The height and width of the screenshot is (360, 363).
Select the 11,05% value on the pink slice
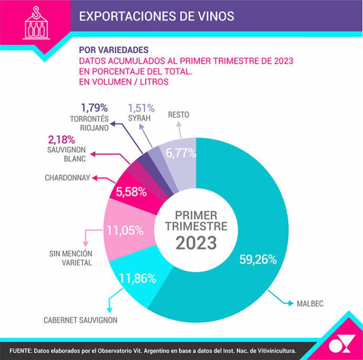[125, 230]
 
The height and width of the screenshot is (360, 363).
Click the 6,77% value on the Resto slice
[181, 153]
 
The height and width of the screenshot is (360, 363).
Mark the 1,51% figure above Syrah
[142, 108]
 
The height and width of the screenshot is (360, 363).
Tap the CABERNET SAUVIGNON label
[80, 319]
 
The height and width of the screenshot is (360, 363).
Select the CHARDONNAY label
[67, 177]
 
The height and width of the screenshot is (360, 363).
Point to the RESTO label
[178, 114]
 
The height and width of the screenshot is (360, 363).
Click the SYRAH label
[139, 118]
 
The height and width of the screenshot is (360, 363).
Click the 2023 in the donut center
[196, 243]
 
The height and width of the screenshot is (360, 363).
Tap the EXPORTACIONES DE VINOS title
[156, 16]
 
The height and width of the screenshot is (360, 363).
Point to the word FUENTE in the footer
[21, 349]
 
